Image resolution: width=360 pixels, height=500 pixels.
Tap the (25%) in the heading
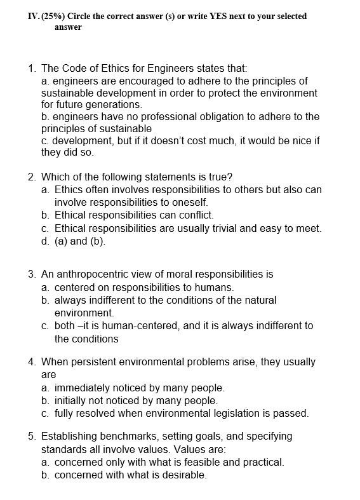pos(53,16)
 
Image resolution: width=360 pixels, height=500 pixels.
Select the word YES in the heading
pos(210,16)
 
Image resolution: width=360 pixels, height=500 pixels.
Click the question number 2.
pos(32,177)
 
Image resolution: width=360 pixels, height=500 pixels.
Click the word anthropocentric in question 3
pos(95,274)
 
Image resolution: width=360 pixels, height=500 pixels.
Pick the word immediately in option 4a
pos(84,388)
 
